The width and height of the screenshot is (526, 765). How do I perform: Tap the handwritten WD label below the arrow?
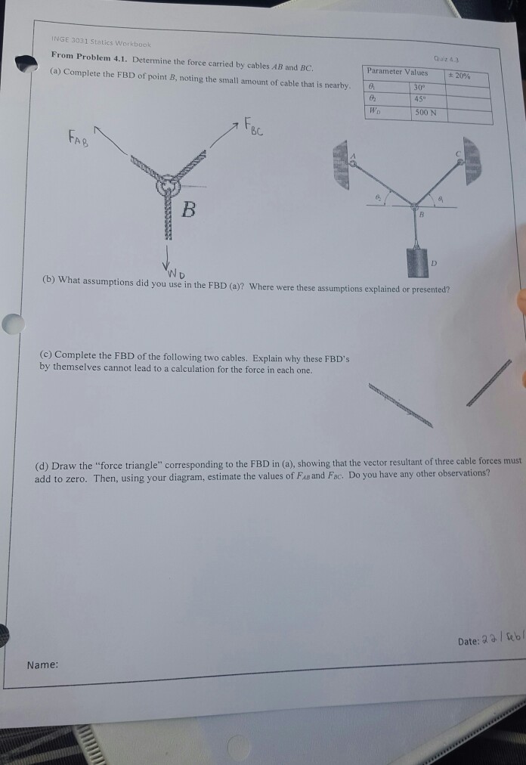[176, 271]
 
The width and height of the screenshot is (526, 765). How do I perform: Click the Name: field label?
[42, 664]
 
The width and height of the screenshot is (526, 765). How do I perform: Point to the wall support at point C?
[473, 160]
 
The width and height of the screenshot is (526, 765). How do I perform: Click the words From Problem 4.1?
[83, 56]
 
